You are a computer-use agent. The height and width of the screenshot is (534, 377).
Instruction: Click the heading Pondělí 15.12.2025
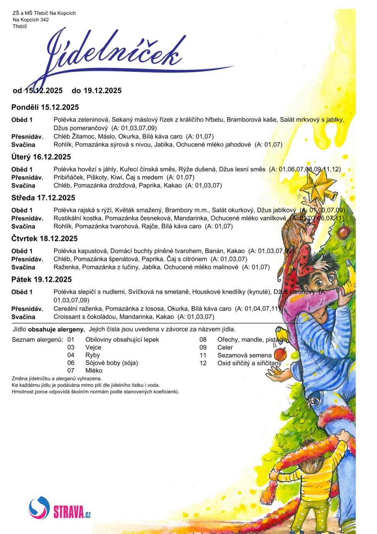point(45,107)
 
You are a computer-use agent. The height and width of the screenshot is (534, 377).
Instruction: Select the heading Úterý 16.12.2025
point(41,157)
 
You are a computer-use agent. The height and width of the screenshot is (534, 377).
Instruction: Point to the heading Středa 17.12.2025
point(43,198)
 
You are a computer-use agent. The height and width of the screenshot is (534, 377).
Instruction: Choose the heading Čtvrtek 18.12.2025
point(44,238)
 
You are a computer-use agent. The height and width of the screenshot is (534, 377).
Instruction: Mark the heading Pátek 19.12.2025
point(42,279)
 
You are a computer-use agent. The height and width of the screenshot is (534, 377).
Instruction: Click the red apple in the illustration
point(281,354)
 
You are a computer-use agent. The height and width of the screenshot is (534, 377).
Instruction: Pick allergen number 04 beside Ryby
point(71,355)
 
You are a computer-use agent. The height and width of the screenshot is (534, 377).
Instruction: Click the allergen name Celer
point(225,347)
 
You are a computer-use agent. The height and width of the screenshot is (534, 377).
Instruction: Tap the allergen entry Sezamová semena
point(244,355)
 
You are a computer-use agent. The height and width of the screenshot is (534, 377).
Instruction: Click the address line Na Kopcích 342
point(30,19)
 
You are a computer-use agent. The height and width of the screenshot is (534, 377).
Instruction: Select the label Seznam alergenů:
point(37,339)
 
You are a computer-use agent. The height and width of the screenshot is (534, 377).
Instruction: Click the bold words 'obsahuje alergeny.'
point(56,329)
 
